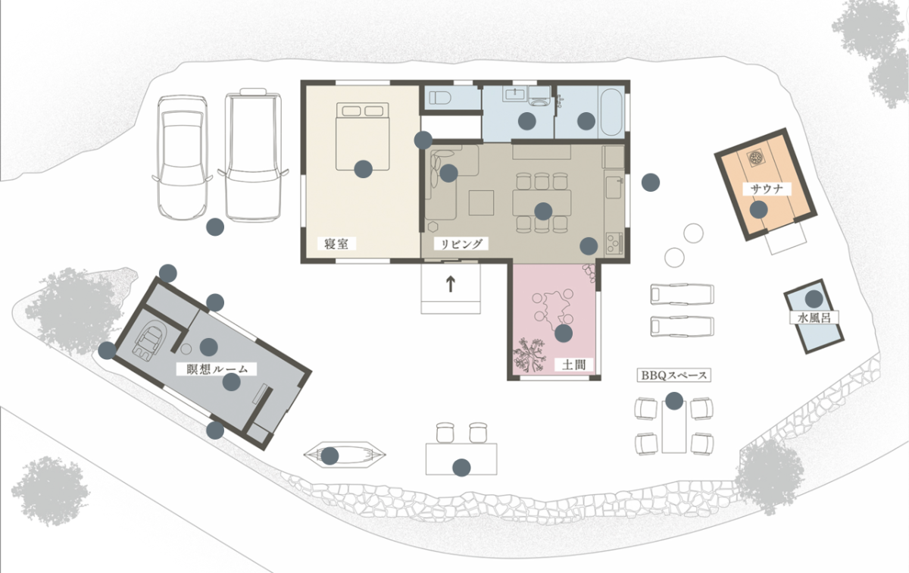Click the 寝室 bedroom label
(x=336, y=243)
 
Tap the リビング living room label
(x=461, y=243)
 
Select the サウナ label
(x=767, y=189)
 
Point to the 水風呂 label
(x=814, y=318)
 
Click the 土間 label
(x=574, y=365)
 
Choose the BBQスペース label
(x=673, y=375)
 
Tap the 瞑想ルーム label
(x=217, y=368)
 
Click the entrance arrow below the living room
(x=451, y=284)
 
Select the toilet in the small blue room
(x=440, y=98)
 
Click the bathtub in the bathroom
(x=611, y=111)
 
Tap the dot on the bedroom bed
(x=363, y=169)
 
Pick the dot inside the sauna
(x=758, y=209)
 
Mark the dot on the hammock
(x=330, y=456)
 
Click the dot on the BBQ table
(x=674, y=400)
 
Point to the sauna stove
(x=756, y=158)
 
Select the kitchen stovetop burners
(x=614, y=243)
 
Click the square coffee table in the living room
(x=481, y=202)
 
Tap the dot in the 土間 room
(x=564, y=333)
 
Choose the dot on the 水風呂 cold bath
(x=814, y=299)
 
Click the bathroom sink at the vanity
(x=515, y=94)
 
